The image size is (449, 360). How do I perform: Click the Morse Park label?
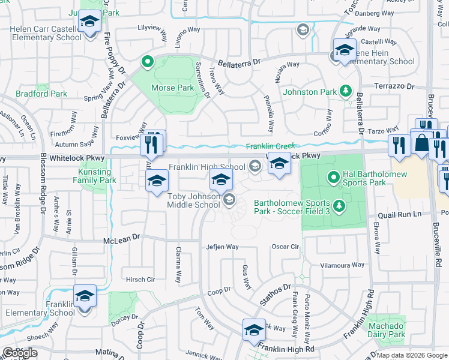tap(172, 88)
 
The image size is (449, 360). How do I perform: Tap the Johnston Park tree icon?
tap(346, 91)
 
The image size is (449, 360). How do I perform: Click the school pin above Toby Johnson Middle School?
tap(221, 179)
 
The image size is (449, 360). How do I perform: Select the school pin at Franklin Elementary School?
tap(85, 296)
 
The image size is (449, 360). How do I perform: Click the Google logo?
tap(19, 353)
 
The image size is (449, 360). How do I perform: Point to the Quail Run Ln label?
tap(397, 215)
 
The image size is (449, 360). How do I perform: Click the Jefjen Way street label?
tap(222, 247)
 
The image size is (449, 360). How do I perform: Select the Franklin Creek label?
tap(270, 146)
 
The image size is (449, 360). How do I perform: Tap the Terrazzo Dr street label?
tap(394, 86)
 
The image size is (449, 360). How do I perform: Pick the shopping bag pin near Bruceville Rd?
tap(422, 143)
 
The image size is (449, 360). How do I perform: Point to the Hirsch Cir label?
tap(140, 280)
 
